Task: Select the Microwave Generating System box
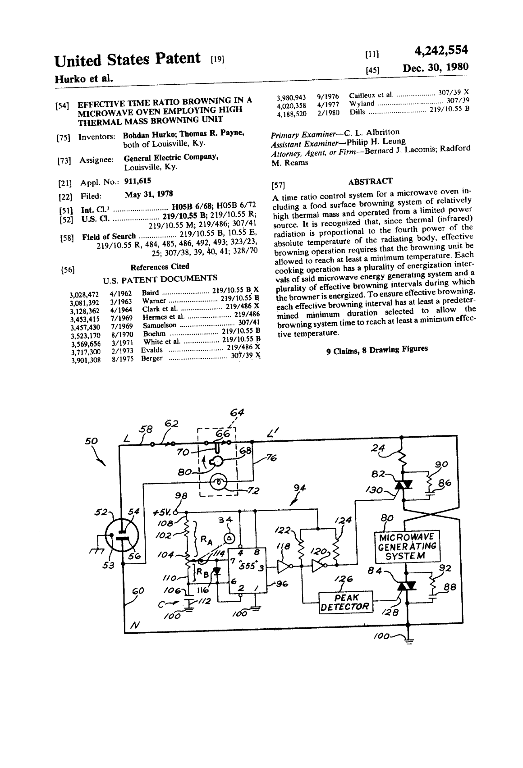pyautogui.click(x=407, y=547)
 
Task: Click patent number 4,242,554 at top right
pyautogui.click(x=441, y=50)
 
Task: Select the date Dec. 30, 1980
pyautogui.click(x=436, y=67)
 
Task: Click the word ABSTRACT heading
pyautogui.click(x=371, y=181)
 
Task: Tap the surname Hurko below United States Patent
pyautogui.click(x=70, y=79)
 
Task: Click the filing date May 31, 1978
pyautogui.click(x=149, y=194)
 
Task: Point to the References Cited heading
pyautogui.click(x=160, y=266)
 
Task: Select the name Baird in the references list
pyautogui.click(x=151, y=293)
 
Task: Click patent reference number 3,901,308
pyautogui.click(x=85, y=361)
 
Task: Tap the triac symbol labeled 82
pyautogui.click(x=404, y=485)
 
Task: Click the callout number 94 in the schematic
pyautogui.click(x=300, y=488)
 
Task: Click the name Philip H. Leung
pyautogui.click(x=376, y=142)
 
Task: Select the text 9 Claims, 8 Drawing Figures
pyautogui.click(x=377, y=350)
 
